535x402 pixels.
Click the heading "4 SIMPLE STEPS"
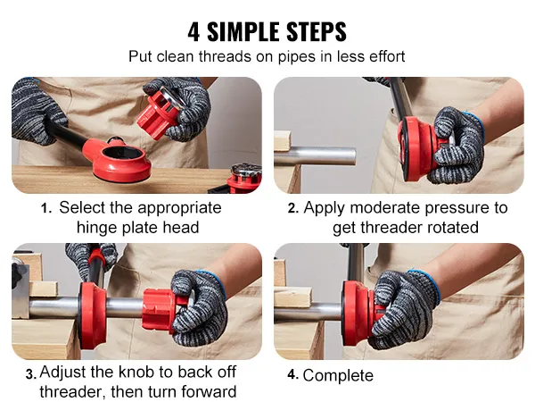pos(267,31)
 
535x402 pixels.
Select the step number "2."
pos(292,208)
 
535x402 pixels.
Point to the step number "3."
pos(31,374)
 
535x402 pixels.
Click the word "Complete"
pos(338,375)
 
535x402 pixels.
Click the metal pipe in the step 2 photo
pos(321,155)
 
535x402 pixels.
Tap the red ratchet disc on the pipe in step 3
pos(90,308)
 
